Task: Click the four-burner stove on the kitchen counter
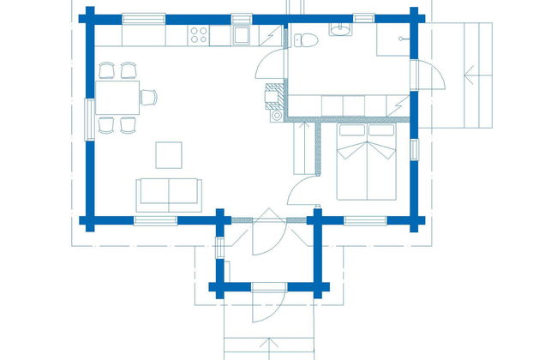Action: [200, 35]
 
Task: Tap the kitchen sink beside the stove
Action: [241, 35]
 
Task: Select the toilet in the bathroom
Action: [306, 37]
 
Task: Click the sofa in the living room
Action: [168, 193]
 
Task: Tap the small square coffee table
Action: [168, 154]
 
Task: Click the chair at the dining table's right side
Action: [147, 97]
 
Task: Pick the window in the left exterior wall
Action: [88, 117]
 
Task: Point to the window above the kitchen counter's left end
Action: [144, 18]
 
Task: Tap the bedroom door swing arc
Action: [300, 190]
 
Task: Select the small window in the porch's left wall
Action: [220, 249]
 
